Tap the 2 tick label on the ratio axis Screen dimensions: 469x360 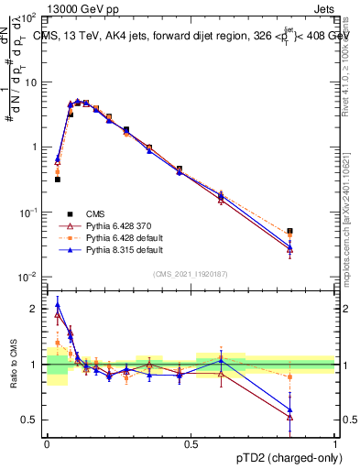coord(35,309)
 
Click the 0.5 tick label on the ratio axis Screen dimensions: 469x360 coord(30,420)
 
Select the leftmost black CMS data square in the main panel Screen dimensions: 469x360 coord(58,180)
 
